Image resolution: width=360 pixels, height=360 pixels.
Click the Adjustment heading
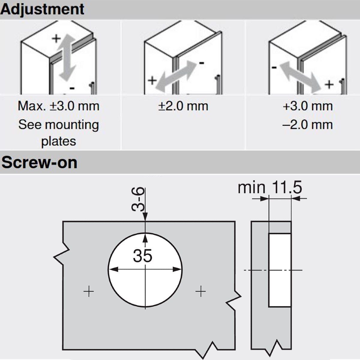42,10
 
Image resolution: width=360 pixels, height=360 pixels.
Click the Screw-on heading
39,163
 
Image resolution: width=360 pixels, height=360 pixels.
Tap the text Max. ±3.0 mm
59,106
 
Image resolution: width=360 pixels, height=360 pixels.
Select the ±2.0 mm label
183,106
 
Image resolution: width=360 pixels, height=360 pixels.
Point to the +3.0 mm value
308,106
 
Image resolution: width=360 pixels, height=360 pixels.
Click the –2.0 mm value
308,124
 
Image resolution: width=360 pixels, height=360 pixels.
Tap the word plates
59,141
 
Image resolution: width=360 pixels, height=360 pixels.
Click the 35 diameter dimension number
142,256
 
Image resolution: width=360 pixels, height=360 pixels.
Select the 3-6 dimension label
138,199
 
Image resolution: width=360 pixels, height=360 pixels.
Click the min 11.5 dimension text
270,187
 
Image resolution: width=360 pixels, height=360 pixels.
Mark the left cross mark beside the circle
88,291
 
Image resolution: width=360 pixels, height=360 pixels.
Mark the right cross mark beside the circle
201,291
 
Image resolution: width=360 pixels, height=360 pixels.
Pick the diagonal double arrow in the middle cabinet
175,77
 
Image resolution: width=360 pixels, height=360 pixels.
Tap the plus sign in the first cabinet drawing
56,39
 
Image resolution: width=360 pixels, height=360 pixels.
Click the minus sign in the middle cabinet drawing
202,63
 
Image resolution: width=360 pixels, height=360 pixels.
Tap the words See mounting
59,125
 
